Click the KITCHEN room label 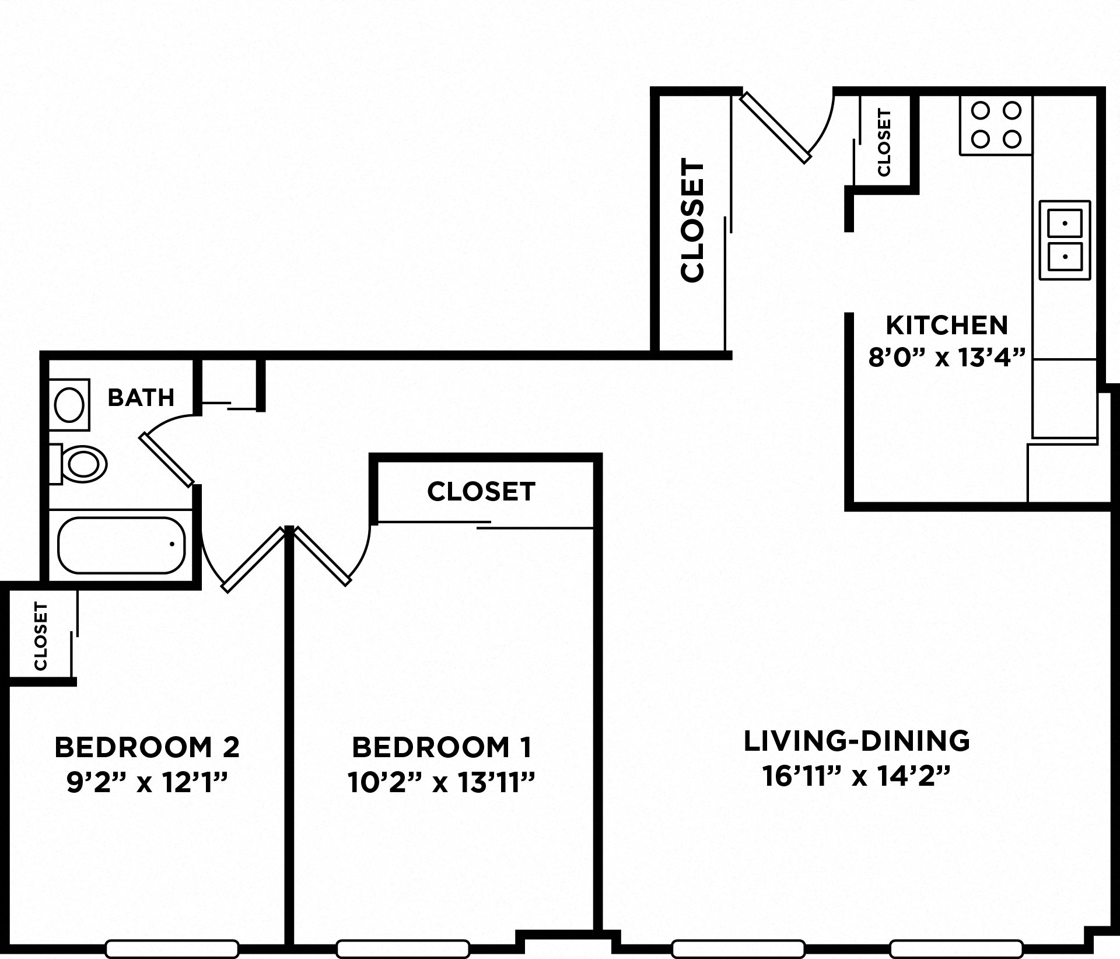coord(947,325)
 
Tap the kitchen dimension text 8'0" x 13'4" coord(947,358)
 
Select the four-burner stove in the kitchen coord(996,125)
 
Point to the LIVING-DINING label coord(857,741)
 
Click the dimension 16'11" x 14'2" coord(857,776)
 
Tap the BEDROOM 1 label coord(442,747)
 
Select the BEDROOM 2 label coord(147,747)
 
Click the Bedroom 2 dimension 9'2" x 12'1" coord(147,782)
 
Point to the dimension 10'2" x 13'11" coord(442,782)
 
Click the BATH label coord(141,398)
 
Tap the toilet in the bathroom coord(83,464)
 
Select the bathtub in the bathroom coord(121,545)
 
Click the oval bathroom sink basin coord(69,405)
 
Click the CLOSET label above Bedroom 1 coord(481,492)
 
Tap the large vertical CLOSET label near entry coord(693,221)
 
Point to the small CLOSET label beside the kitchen coord(884,143)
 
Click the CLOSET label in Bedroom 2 coord(40,636)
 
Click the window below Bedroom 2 coord(172,949)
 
